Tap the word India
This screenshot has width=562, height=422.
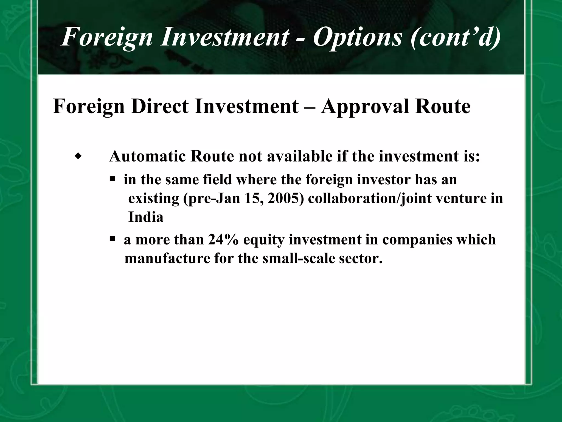[146, 217]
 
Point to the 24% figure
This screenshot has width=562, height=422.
[223, 240]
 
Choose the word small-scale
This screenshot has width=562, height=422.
[299, 259]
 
